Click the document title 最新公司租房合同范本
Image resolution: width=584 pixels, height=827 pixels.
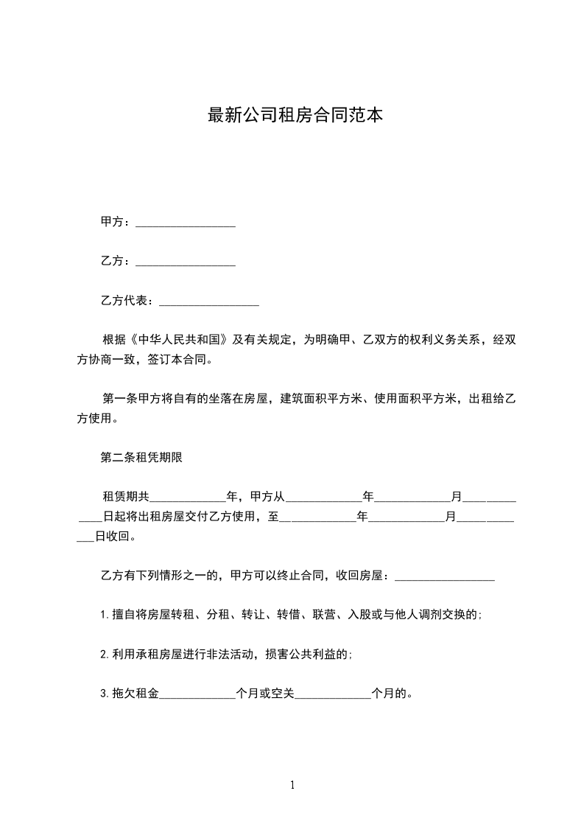(x=295, y=115)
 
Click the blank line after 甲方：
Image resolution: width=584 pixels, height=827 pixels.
(x=186, y=223)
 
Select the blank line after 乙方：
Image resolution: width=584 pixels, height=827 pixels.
(x=186, y=262)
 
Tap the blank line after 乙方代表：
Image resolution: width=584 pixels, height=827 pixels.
(x=209, y=301)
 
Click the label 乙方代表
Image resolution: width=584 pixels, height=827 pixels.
(x=126, y=301)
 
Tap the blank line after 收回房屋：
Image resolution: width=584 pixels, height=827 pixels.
(x=445, y=576)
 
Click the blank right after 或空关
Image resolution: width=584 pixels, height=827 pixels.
(x=333, y=694)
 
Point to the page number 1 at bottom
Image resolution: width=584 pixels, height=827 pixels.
(x=292, y=785)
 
